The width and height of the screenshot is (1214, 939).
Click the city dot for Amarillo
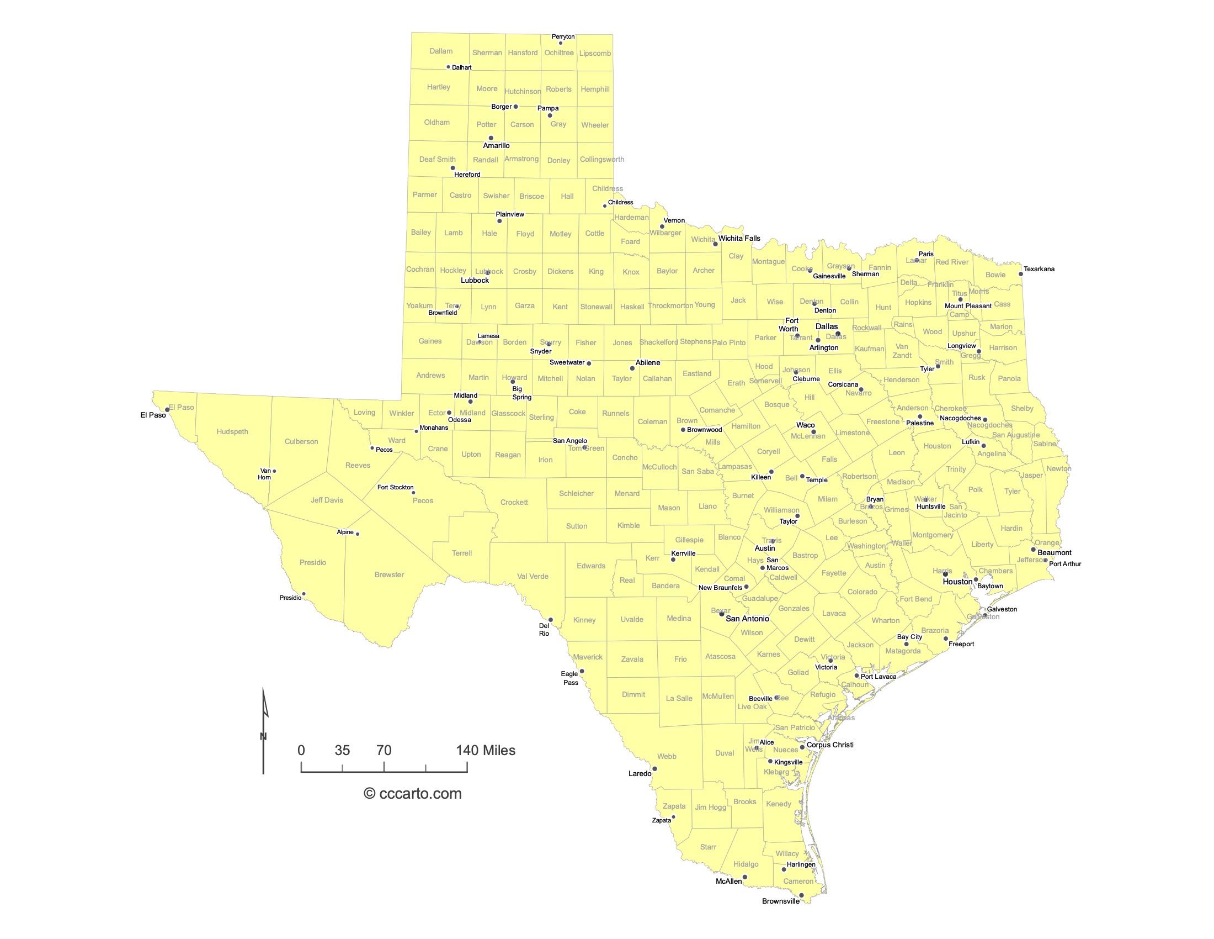(x=491, y=138)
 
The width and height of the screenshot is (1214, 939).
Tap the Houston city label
(x=957, y=582)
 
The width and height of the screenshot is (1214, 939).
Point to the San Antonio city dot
(x=722, y=614)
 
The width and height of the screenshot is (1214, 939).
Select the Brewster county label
(x=389, y=574)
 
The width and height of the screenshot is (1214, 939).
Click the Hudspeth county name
(x=232, y=432)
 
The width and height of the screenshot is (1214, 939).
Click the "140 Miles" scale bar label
(x=485, y=751)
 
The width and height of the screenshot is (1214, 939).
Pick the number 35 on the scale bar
(x=343, y=751)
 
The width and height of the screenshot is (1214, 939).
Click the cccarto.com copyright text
(x=412, y=794)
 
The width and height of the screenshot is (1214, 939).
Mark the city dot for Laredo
(x=654, y=769)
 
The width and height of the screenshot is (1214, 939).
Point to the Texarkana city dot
(x=1020, y=273)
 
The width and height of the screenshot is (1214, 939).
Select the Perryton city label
(x=563, y=36)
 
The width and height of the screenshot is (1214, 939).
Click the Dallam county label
(x=441, y=51)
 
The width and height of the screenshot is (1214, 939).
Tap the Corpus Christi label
(x=829, y=745)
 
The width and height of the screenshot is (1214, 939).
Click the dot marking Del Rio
(x=551, y=620)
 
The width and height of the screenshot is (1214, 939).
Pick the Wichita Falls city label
(x=739, y=239)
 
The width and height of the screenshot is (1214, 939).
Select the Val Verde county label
(x=533, y=576)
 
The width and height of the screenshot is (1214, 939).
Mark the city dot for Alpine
(x=358, y=534)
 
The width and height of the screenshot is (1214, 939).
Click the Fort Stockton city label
(x=395, y=487)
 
